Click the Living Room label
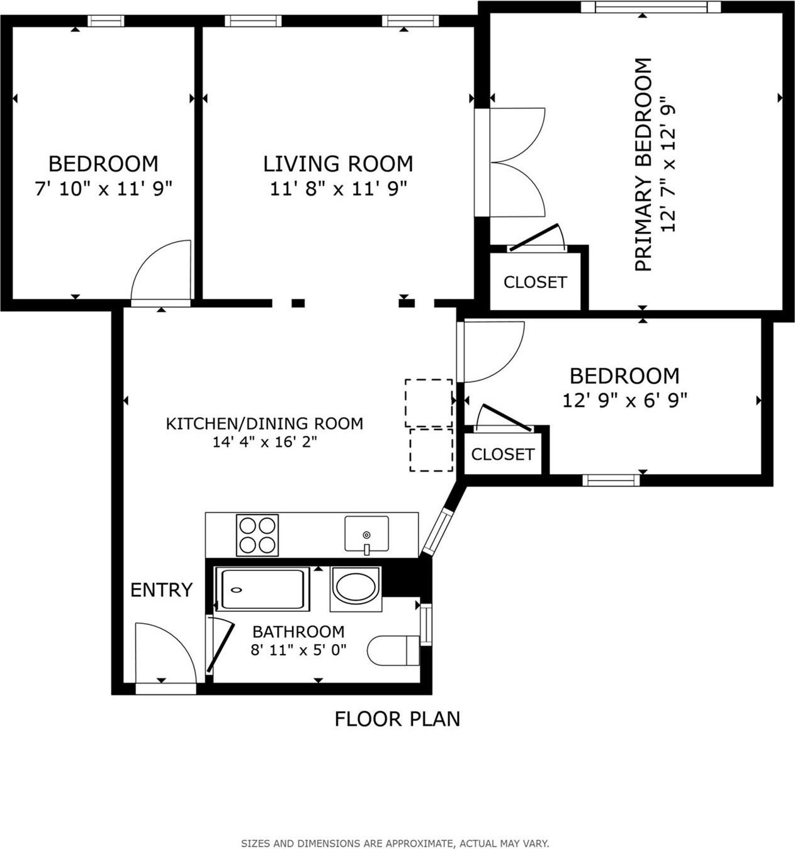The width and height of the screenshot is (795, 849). click(x=338, y=164)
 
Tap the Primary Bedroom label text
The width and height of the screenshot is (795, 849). click(x=643, y=165)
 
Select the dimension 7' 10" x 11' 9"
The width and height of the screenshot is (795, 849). click(x=103, y=188)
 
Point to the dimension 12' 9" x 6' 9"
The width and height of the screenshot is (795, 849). click(x=624, y=400)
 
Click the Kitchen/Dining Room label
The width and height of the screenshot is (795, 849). click(x=264, y=423)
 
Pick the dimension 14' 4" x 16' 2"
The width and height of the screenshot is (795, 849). click(x=264, y=442)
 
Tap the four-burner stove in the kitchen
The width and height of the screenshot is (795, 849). click(x=257, y=535)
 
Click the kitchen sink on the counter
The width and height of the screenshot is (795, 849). click(x=366, y=535)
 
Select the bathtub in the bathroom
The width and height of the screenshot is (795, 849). click(x=262, y=589)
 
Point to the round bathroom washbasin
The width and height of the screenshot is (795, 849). click(x=356, y=587)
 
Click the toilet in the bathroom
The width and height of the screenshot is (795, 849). click(x=393, y=650)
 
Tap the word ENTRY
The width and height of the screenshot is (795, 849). click(x=161, y=590)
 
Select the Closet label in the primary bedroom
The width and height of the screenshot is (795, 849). click(x=535, y=282)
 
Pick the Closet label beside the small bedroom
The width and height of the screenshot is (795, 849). click(x=502, y=454)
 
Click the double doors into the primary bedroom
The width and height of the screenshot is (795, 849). click(x=516, y=162)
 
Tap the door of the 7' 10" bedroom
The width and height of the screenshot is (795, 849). click(x=162, y=270)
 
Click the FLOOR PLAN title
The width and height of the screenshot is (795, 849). click(x=397, y=718)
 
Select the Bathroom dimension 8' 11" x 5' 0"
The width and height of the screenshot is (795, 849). click(x=298, y=650)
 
